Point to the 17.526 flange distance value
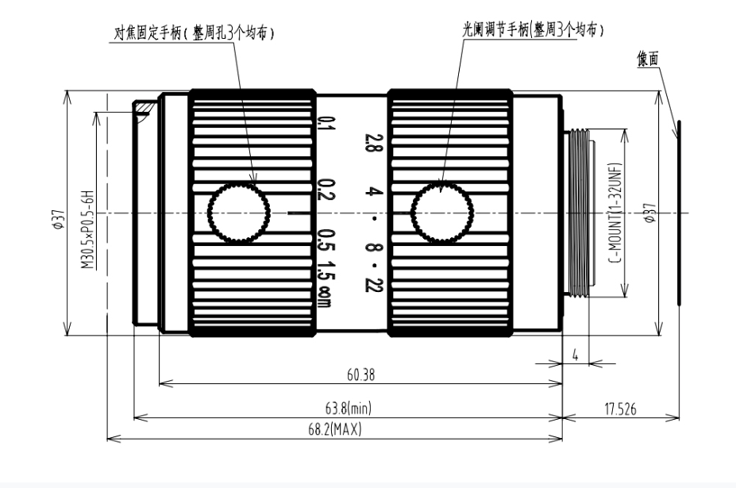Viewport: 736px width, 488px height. coord(621,408)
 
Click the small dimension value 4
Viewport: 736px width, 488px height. coord(575,355)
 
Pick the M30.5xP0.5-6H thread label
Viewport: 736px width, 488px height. coord(88,229)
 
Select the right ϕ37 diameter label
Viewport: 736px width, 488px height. coord(650,212)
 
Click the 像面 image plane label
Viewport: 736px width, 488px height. coord(647,59)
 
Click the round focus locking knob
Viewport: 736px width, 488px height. coord(239,212)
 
